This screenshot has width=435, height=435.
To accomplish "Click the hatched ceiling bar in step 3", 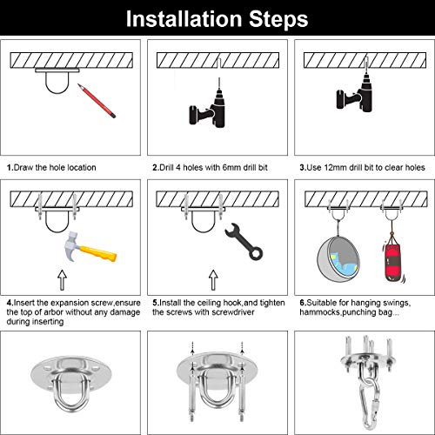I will (363, 60).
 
